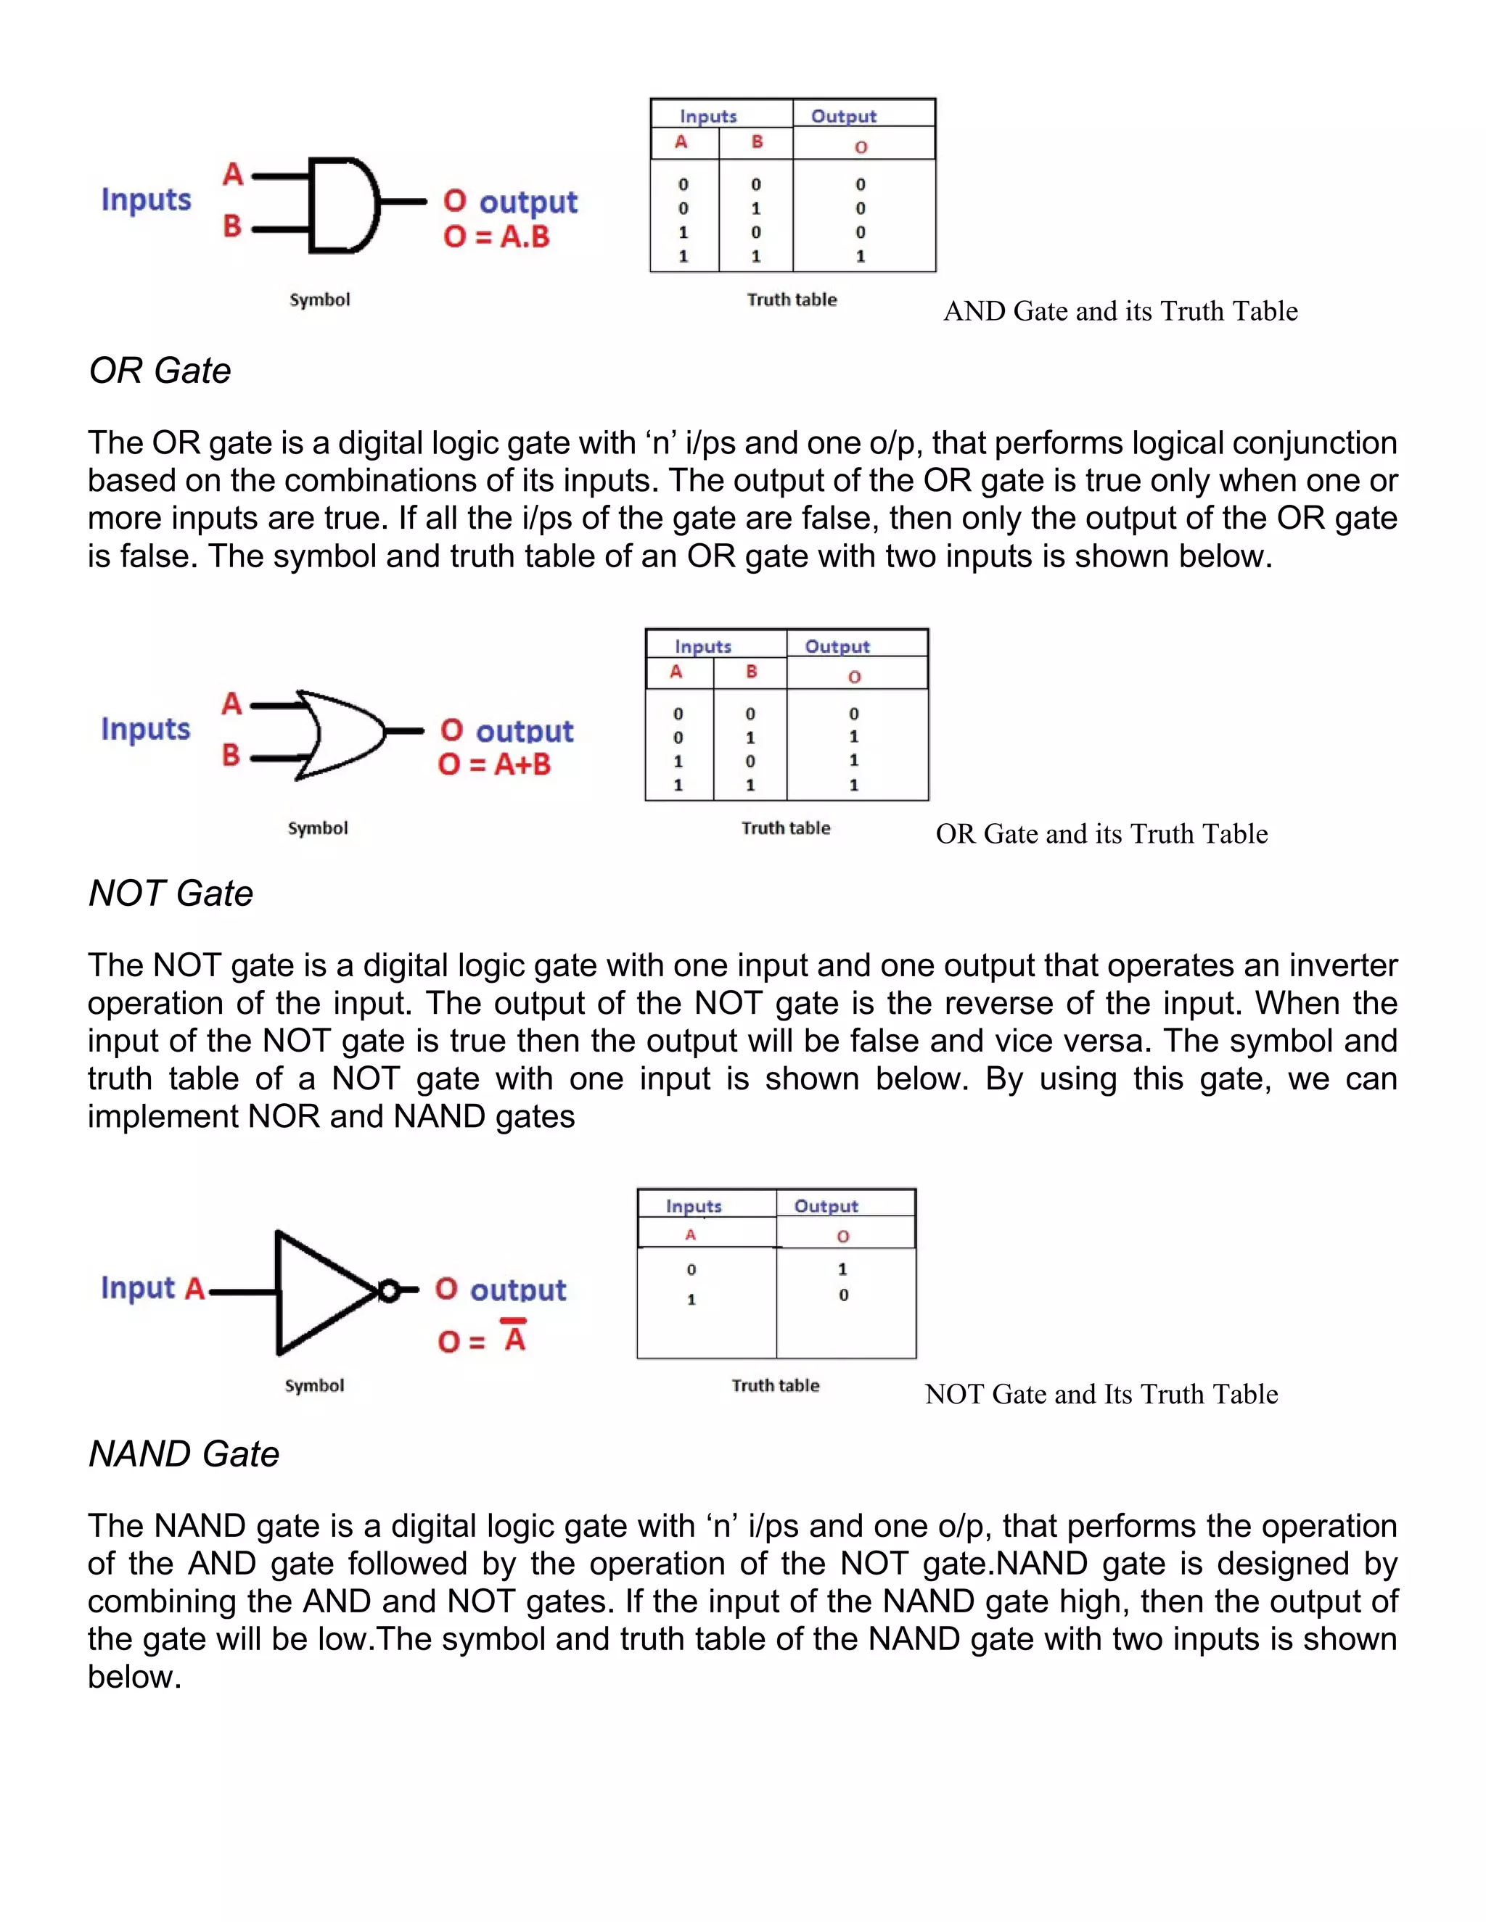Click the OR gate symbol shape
pyautogui.click(x=339, y=733)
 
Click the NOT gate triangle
pyautogui.click(x=317, y=1291)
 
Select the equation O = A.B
pyautogui.click(x=496, y=236)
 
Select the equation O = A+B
pyautogui.click(x=495, y=764)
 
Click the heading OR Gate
pyautogui.click(x=160, y=371)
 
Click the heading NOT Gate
pyautogui.click(x=171, y=894)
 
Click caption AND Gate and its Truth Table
pyautogui.click(x=1120, y=312)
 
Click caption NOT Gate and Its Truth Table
pyautogui.click(x=1101, y=1394)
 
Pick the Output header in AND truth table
pyautogui.click(x=843, y=116)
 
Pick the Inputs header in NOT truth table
pyautogui.click(x=694, y=1205)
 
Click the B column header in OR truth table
pyautogui.click(x=751, y=672)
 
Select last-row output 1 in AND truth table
pyautogui.click(x=860, y=256)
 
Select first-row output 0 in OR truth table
pyautogui.click(x=853, y=714)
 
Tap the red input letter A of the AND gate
pyautogui.click(x=232, y=174)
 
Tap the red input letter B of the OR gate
pyautogui.click(x=231, y=754)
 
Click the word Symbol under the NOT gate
pyautogui.click(x=314, y=1385)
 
